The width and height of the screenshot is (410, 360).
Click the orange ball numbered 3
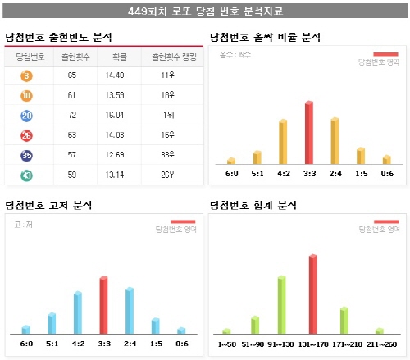point(27,76)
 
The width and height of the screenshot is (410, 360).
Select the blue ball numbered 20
point(27,116)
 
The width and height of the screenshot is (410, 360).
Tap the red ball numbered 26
point(27,135)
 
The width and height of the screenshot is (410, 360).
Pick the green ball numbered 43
point(27,174)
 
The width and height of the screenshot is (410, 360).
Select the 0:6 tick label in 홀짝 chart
point(386,173)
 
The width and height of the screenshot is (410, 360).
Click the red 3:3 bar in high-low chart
point(103,304)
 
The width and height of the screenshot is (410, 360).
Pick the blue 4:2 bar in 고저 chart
point(77,312)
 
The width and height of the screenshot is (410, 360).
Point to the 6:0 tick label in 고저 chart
point(25,343)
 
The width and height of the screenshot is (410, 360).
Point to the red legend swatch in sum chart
point(386,221)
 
